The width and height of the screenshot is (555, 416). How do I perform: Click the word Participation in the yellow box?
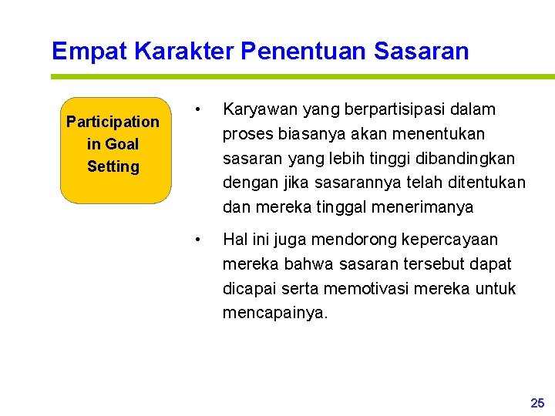(113, 122)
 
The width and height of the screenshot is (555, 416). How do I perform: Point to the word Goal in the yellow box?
(122, 144)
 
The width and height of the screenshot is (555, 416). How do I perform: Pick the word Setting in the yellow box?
(113, 166)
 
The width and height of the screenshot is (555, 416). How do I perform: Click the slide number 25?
(537, 403)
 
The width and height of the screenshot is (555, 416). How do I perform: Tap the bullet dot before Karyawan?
(199, 110)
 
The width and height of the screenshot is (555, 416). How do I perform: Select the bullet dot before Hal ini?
(199, 240)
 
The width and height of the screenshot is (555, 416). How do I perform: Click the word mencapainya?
(275, 314)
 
